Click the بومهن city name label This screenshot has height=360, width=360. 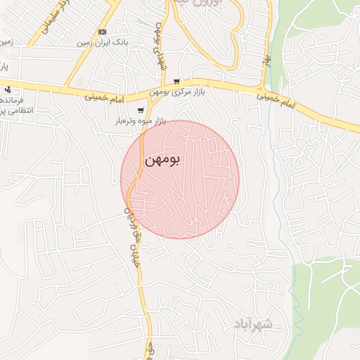162,160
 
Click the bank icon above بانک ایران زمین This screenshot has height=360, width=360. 103,32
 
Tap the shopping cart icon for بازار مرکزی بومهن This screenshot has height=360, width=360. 176,82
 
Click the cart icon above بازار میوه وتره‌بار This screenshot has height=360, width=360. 141,110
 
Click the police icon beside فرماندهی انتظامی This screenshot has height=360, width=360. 8,89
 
